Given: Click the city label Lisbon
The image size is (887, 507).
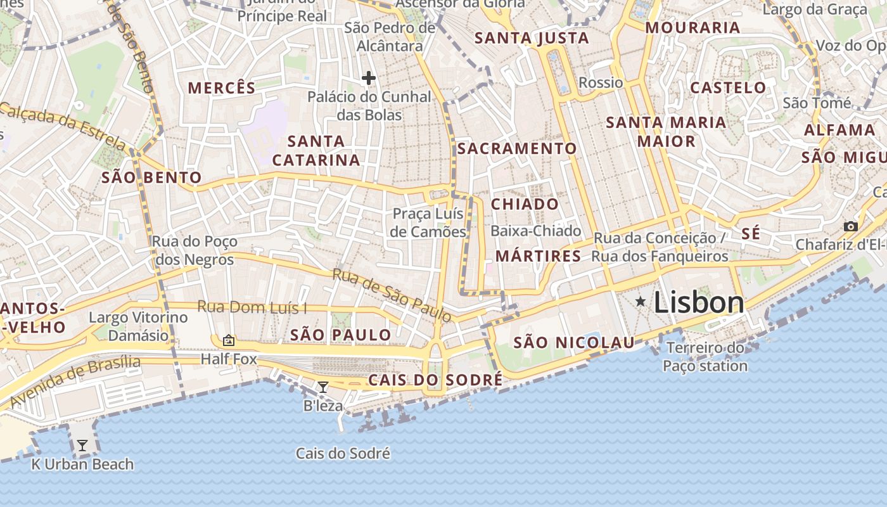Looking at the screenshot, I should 698,302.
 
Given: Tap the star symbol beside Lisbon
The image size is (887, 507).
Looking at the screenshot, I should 641,302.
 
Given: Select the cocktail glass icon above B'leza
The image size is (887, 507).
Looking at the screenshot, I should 323,387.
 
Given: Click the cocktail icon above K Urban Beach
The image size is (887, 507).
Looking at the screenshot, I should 82,446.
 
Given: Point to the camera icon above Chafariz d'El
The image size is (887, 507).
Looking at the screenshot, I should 850,227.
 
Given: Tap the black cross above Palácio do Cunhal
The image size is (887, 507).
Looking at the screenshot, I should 368,78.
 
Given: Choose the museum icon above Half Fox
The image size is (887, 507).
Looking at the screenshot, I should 228,341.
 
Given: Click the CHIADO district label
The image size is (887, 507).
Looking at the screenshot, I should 525,204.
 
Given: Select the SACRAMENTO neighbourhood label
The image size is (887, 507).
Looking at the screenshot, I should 517,149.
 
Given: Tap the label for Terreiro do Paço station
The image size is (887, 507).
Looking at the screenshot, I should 705,357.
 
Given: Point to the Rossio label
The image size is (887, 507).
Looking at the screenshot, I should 601,82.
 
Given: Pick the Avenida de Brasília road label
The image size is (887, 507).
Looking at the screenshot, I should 75,381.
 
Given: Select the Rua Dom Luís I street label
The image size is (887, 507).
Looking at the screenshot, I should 252,307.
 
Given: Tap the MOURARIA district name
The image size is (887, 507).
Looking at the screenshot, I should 692,28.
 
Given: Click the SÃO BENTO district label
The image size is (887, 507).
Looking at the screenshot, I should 151,177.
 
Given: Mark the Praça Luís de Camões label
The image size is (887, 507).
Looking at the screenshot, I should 428,222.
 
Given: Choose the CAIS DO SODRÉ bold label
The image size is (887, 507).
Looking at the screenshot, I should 435,380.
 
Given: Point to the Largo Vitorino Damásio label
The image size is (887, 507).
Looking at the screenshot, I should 138,326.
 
